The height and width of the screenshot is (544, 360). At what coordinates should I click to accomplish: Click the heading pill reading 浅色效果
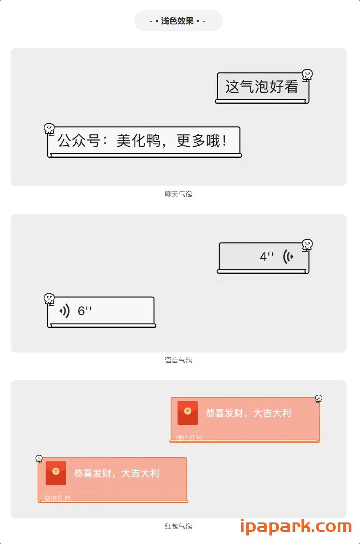click(x=178, y=21)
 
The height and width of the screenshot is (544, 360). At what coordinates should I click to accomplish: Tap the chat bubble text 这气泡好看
click(x=262, y=87)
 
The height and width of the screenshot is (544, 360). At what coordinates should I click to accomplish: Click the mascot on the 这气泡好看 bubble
click(x=307, y=74)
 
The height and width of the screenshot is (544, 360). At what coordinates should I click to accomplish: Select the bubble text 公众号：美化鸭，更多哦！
click(x=142, y=141)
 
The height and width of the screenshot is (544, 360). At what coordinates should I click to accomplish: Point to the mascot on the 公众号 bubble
click(x=49, y=129)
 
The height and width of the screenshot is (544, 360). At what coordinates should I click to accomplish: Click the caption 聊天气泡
click(x=178, y=194)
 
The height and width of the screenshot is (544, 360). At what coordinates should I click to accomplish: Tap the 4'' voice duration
click(x=267, y=257)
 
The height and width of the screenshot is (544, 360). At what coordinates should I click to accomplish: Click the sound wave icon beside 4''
click(x=288, y=257)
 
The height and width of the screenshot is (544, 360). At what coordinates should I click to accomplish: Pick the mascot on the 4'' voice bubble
click(x=307, y=245)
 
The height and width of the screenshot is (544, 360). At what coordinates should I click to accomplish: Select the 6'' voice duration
click(x=85, y=311)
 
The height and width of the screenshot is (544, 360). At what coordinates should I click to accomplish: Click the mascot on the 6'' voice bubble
click(x=49, y=299)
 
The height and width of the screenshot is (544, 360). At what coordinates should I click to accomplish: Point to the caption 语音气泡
click(x=178, y=360)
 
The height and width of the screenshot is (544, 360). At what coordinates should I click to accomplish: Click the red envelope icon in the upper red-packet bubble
click(x=188, y=413)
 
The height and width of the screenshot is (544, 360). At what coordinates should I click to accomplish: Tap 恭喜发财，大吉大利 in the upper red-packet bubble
click(x=248, y=413)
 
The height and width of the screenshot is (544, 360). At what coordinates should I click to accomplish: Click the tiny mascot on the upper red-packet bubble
click(x=319, y=398)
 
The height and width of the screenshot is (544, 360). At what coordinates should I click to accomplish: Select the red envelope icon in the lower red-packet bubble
click(x=56, y=473)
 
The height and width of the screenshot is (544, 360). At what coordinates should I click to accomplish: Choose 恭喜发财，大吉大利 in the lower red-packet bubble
click(x=116, y=474)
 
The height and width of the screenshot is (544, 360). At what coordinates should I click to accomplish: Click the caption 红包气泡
click(x=178, y=526)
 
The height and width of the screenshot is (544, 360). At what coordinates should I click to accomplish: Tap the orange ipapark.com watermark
click(x=296, y=527)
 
